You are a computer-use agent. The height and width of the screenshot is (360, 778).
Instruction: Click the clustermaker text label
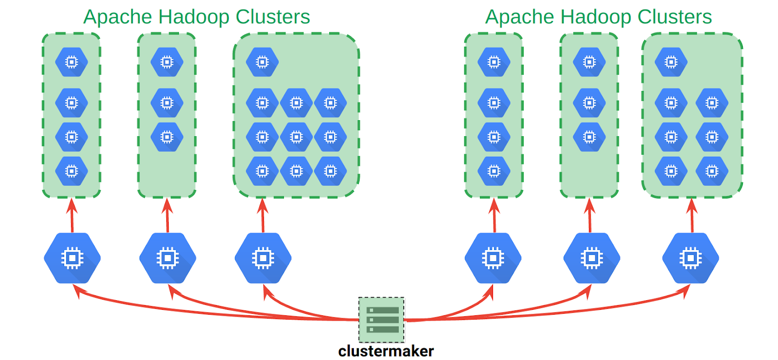pyautogui.click(x=386, y=351)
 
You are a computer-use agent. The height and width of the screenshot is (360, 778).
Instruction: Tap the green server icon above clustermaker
pyautogui.click(x=382, y=320)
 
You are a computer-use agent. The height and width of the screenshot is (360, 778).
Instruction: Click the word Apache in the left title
pyautogui.click(x=118, y=17)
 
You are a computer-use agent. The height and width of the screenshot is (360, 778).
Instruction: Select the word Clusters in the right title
pyautogui.click(x=674, y=17)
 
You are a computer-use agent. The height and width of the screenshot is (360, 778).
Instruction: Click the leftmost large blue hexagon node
pyautogui.click(x=72, y=258)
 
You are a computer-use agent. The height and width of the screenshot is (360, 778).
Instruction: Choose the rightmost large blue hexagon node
pyautogui.click(x=690, y=258)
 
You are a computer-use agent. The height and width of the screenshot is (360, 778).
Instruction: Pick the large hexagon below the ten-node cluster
pyautogui.click(x=263, y=258)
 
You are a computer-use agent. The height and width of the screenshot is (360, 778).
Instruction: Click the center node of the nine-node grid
pyautogui.click(x=296, y=137)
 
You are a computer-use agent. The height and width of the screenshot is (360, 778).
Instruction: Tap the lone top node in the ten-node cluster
pyautogui.click(x=262, y=62)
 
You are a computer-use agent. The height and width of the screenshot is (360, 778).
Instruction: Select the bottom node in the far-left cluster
pyautogui.click(x=71, y=171)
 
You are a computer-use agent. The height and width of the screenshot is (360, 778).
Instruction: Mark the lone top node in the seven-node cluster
pyautogui.click(x=671, y=62)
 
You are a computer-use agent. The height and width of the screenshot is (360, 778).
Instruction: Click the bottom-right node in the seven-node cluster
pyautogui.click(x=712, y=171)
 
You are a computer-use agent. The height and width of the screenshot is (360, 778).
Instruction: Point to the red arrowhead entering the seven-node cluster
pyautogui.click(x=692, y=204)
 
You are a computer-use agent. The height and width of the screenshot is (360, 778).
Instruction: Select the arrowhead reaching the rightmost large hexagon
pyautogui.click(x=686, y=290)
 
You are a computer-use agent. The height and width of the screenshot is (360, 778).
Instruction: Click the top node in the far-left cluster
pyautogui.click(x=71, y=62)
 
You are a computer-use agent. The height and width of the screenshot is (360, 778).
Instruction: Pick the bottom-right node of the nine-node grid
pyautogui.click(x=330, y=171)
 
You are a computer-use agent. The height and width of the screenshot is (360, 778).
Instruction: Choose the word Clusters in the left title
pyautogui.click(x=273, y=17)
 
